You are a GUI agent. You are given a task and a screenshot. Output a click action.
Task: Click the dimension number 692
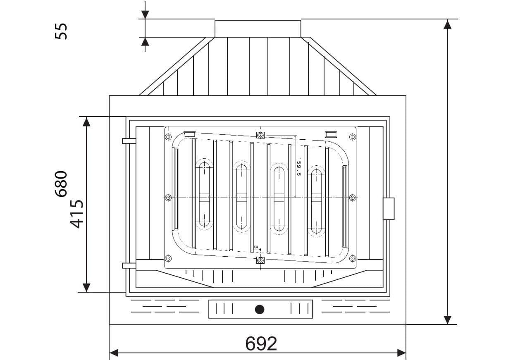(261, 343)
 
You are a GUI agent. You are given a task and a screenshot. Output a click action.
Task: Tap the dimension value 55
(61, 31)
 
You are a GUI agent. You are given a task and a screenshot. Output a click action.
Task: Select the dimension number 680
(61, 184)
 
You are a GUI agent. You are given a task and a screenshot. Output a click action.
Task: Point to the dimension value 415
(77, 214)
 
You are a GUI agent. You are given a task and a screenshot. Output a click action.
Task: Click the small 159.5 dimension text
(298, 167)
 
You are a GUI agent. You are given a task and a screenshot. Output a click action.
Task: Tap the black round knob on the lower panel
(260, 309)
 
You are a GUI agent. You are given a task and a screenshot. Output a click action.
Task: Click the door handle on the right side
(389, 209)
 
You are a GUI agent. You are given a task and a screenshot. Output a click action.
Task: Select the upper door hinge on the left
(129, 141)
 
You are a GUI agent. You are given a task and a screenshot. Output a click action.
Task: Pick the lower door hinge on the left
(129, 265)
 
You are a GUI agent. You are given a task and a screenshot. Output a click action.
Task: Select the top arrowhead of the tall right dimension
(447, 24)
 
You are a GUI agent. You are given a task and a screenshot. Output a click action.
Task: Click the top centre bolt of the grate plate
(260, 135)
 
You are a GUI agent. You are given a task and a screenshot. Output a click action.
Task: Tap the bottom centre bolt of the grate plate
(260, 260)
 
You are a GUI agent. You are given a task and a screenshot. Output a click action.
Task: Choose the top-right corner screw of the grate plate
(353, 136)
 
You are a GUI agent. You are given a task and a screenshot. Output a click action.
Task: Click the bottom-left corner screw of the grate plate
(168, 259)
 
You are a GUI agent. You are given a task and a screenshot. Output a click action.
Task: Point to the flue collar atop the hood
(258, 28)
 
